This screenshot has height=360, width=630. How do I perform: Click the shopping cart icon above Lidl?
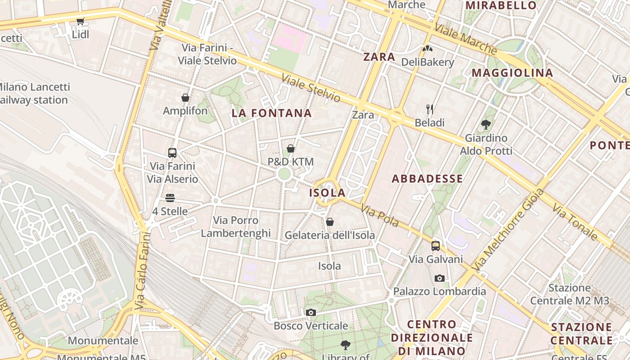click(81, 21)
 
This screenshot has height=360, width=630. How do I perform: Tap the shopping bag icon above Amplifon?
click(185, 98)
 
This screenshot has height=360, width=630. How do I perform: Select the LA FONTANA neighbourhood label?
click(272, 113)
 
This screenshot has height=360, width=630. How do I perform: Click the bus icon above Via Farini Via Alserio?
click(172, 153)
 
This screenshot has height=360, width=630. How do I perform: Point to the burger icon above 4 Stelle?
click(170, 198)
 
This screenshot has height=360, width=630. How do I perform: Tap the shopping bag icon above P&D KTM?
click(291, 148)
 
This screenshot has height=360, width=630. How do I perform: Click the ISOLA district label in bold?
click(328, 193)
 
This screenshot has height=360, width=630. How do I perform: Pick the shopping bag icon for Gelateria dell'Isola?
click(330, 222)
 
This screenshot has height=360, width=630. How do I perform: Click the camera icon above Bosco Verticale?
click(310, 313)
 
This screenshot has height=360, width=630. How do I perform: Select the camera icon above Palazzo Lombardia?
click(440, 279)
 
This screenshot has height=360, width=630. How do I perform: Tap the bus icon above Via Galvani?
click(435, 246)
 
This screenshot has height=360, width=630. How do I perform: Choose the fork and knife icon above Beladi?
click(430, 109)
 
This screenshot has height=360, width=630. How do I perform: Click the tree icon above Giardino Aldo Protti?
click(486, 124)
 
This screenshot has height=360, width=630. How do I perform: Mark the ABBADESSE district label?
click(427, 179)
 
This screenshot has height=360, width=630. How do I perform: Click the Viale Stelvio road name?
click(311, 88)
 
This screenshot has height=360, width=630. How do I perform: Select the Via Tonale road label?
click(575, 222)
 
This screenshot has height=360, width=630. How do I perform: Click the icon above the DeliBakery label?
click(427, 48)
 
